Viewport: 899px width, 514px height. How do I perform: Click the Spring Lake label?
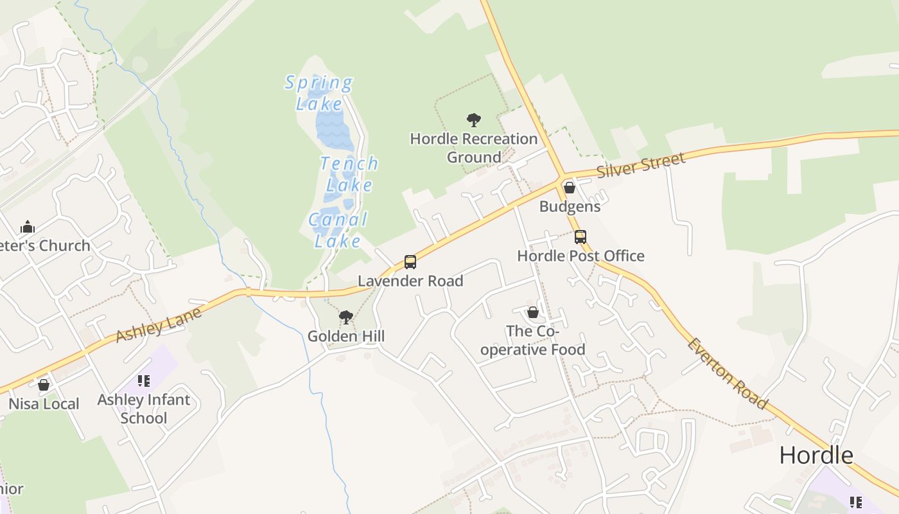tap(319, 93)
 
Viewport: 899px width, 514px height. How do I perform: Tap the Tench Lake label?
tap(349, 174)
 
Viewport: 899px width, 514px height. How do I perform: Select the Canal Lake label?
tap(338, 230)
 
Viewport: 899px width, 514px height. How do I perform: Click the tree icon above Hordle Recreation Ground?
tap(474, 120)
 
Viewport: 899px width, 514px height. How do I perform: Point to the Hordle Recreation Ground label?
tap(474, 148)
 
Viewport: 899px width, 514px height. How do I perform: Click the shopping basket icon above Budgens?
tap(570, 188)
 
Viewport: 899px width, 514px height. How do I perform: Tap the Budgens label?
tap(570, 206)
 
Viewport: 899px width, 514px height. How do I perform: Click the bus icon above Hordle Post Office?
tap(580, 237)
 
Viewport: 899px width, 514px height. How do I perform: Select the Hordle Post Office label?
tap(580, 256)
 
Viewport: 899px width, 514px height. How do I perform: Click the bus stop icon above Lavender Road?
tap(410, 262)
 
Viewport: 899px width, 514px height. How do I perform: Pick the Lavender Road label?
tap(410, 281)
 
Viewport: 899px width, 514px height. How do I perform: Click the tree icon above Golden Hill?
tap(346, 317)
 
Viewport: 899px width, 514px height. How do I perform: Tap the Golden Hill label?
tap(346, 336)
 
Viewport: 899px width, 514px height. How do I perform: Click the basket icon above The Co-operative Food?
tap(533, 312)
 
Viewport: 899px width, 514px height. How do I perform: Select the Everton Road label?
tap(727, 373)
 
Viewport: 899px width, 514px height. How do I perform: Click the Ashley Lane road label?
tap(159, 324)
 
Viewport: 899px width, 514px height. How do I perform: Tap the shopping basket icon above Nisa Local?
tap(44, 385)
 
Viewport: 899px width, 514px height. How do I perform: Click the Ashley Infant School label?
tap(144, 409)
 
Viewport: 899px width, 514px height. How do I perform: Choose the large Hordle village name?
tap(816, 455)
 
